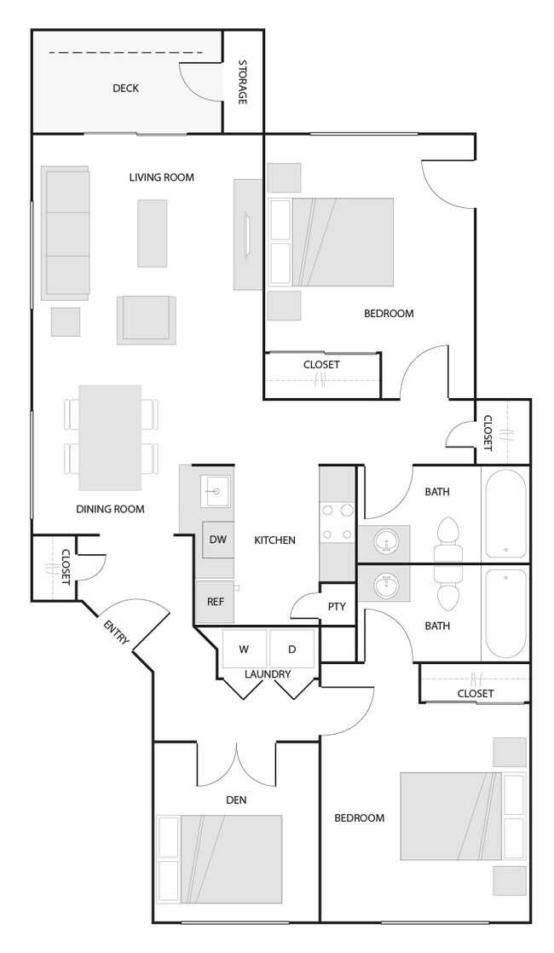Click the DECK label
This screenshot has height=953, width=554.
(125, 88)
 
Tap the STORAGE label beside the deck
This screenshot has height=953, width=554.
(242, 82)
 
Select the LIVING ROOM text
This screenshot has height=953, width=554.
(162, 177)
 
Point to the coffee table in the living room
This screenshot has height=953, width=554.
(153, 233)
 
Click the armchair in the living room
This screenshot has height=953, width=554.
(147, 319)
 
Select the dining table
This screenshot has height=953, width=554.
(110, 437)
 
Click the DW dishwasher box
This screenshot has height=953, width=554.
(217, 540)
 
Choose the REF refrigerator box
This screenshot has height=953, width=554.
(216, 601)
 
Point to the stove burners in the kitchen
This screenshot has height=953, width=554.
(337, 523)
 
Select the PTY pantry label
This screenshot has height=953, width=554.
(337, 607)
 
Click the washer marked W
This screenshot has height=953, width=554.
(245, 650)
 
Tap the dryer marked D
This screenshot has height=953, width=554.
(291, 650)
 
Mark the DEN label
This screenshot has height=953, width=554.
(237, 800)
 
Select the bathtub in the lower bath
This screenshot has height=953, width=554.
(505, 613)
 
